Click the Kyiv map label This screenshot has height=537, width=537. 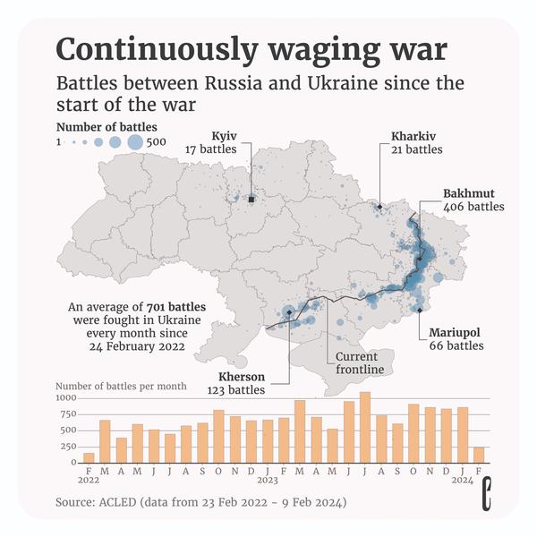click(x=224, y=136)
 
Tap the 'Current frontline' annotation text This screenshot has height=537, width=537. click(x=359, y=362)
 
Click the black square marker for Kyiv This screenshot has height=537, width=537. click(x=251, y=200)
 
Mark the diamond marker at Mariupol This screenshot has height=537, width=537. click(x=419, y=311)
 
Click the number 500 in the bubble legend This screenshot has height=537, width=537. click(x=158, y=142)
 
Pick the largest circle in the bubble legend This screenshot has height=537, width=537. click(x=134, y=141)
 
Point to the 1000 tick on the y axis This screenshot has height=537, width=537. click(x=67, y=397)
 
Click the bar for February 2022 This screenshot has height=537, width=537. click(x=89, y=457)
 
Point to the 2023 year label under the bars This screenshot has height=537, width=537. click(x=269, y=480)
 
